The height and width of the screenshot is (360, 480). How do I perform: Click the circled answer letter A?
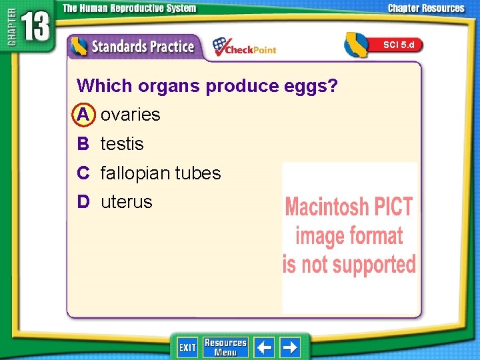click(x=83, y=115)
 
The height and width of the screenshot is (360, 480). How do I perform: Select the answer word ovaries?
click(x=131, y=115)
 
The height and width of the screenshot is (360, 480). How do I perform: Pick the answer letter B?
click(x=83, y=144)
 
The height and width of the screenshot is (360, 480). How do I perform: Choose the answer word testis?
click(x=122, y=144)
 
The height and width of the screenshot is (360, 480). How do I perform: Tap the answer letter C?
click(x=83, y=173)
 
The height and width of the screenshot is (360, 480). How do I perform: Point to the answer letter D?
click(x=83, y=202)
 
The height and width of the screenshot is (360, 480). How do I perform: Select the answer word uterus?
click(x=127, y=202)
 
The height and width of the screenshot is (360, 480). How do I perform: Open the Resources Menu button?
click(x=225, y=347)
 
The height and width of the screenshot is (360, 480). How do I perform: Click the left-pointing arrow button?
click(x=265, y=347)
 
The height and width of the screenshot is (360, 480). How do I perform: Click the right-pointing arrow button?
click(x=290, y=347)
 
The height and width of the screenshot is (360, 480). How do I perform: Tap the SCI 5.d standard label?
click(x=399, y=45)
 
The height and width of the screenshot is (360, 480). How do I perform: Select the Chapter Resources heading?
click(x=427, y=9)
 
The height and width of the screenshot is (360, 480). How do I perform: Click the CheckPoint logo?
click(x=244, y=47)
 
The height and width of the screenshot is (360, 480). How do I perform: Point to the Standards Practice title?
click(x=142, y=47)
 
